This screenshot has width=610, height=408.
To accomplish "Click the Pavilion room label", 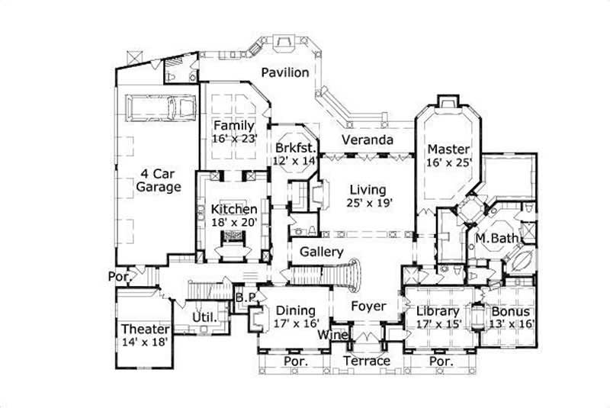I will (x=284, y=73).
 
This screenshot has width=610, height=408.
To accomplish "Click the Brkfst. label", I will (x=294, y=148).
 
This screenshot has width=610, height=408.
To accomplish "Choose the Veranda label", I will (x=367, y=140).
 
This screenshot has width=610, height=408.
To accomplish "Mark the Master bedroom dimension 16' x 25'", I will (x=449, y=162).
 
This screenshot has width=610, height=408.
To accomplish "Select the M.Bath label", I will (x=497, y=239).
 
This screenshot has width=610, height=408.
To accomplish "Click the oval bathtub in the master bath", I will (x=521, y=259).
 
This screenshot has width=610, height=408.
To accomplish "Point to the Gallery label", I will (x=320, y=252).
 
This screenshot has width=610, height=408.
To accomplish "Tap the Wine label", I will (x=334, y=335).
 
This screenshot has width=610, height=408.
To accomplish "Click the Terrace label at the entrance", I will (x=366, y=361).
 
